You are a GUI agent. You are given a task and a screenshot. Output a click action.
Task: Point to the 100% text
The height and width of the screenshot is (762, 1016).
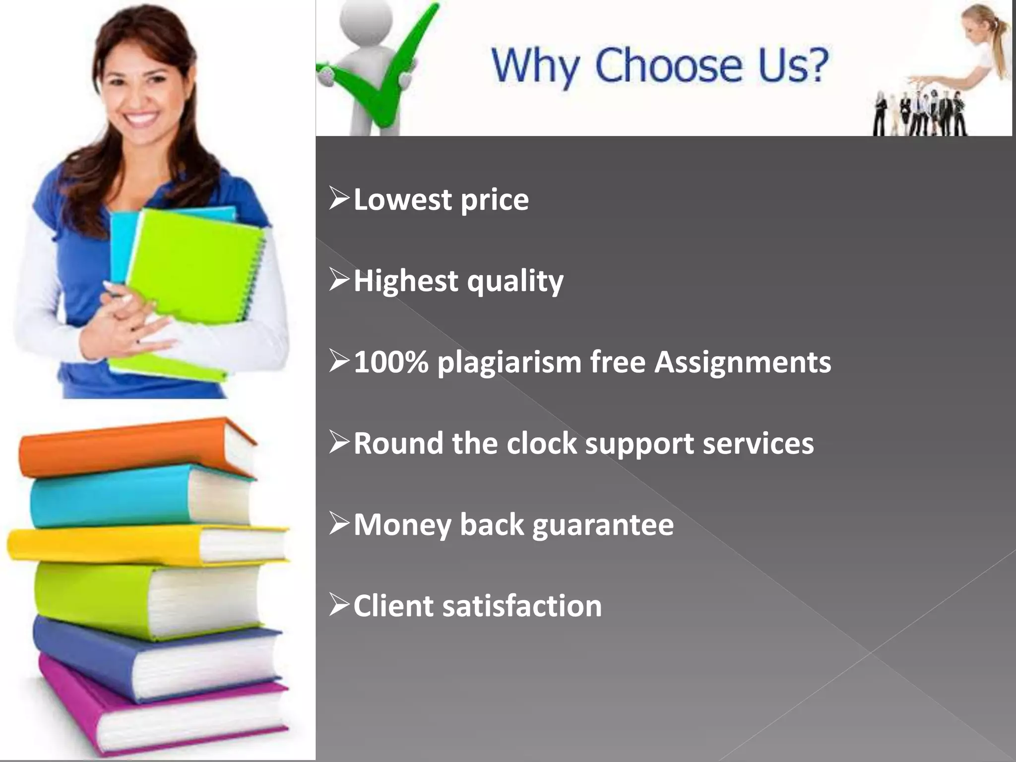point(391,362)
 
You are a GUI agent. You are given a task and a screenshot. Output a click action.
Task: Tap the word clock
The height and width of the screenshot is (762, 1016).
point(542,443)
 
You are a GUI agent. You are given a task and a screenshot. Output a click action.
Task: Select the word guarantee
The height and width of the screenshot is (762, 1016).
point(603,525)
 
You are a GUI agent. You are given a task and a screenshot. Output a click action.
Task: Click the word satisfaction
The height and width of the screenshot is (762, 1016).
point(522,606)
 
